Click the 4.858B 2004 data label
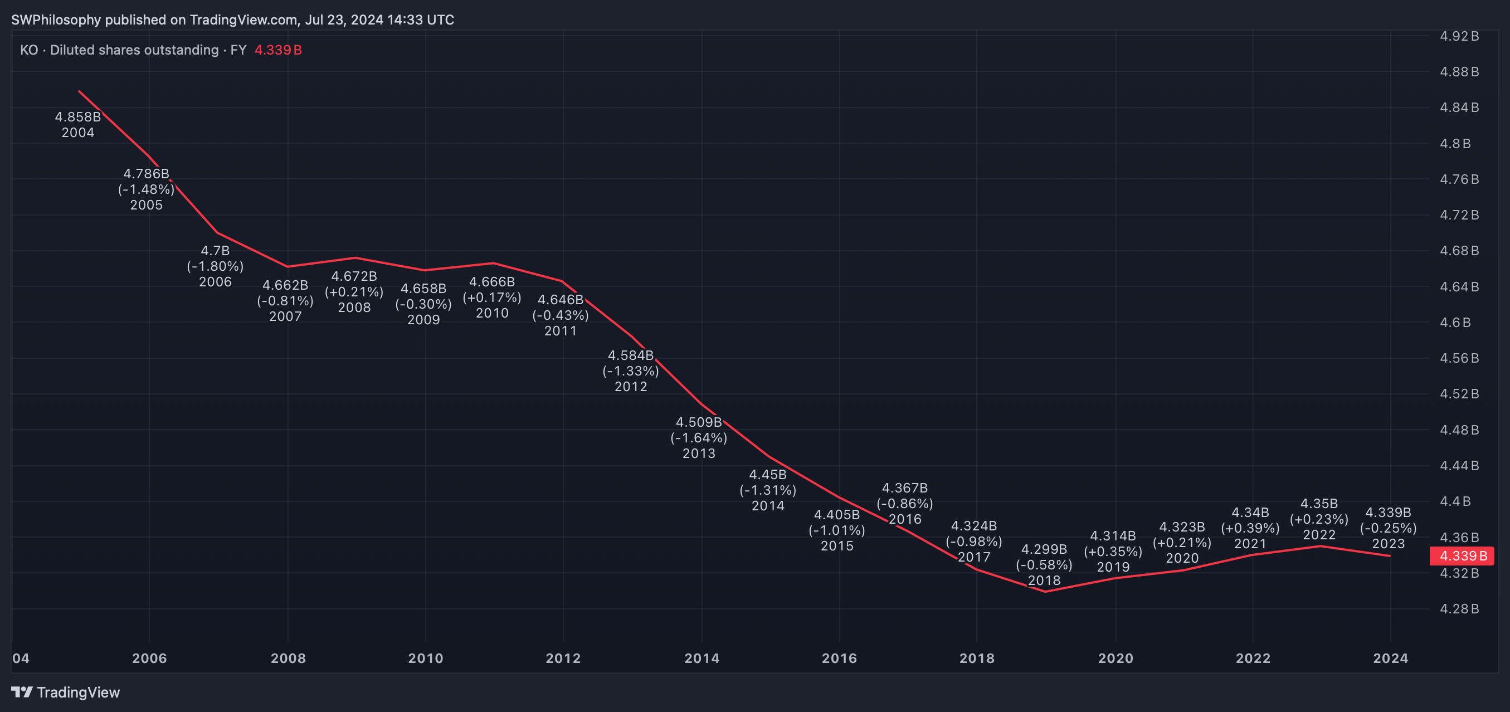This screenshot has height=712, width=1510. (78, 124)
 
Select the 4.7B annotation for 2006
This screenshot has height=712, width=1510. (215, 251)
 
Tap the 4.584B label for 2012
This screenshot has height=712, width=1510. (631, 355)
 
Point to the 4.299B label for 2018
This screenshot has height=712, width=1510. (1044, 549)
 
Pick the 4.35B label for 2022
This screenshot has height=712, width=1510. (1319, 504)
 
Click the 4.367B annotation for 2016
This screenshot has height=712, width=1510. (904, 487)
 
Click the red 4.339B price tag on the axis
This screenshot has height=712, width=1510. (1463, 555)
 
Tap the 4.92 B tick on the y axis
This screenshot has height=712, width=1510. (1459, 36)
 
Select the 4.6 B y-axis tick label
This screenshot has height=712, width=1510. (1455, 323)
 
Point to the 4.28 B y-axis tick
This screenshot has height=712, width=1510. (1459, 609)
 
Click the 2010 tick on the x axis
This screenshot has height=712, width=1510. (426, 658)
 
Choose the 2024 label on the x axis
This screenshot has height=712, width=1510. (1390, 658)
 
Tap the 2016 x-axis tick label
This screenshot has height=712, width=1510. (839, 658)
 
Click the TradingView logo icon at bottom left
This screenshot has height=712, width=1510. (22, 692)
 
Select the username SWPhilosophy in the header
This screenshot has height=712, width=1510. (56, 20)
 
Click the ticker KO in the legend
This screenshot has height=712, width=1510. (29, 50)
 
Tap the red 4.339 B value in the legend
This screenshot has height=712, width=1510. (278, 50)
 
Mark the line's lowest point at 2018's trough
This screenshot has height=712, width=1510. (1045, 591)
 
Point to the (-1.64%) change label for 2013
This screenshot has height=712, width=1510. (699, 438)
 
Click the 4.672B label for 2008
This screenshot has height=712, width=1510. (354, 276)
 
